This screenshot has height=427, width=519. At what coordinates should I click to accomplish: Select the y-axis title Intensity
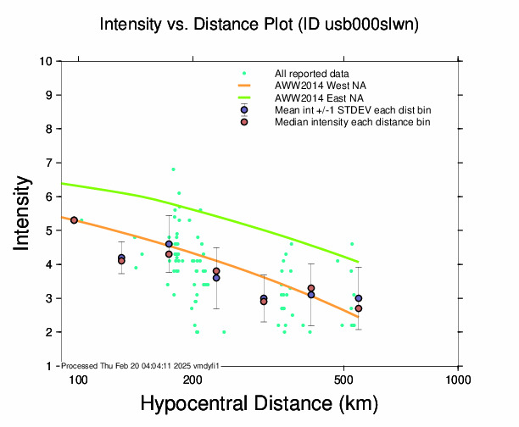point(25,213)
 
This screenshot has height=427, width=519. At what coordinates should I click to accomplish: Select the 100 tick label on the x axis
point(78,379)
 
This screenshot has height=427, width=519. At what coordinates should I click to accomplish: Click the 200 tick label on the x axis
point(193,379)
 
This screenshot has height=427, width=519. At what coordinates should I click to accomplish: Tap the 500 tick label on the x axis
point(343,379)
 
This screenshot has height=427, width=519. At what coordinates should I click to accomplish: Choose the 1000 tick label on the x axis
point(458,379)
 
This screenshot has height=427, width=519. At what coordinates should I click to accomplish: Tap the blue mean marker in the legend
point(244,110)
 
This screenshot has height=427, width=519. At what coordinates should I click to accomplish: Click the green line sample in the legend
point(244,98)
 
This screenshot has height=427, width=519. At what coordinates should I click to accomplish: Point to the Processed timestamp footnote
point(140,365)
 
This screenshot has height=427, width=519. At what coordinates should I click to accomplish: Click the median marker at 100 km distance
point(74,220)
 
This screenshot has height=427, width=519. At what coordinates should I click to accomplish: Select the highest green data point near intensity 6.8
point(173,169)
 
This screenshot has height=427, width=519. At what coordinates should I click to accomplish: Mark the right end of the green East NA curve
point(359,262)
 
